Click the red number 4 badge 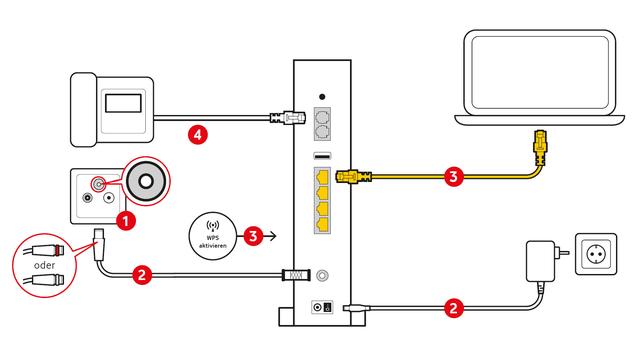point(198,134)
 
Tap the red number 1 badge point(126,221)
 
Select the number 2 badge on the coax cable point(142,274)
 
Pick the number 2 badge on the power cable point(454,308)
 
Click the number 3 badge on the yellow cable point(453,177)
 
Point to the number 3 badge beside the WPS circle point(253,236)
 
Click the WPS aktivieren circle point(213,236)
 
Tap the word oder point(44,265)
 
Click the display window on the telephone point(123,103)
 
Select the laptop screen point(540,73)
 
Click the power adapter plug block point(540,261)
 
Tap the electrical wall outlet point(596,254)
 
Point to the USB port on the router point(322,156)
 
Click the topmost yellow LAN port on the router point(322,177)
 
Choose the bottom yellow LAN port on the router point(322,224)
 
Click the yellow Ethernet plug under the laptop point(540,147)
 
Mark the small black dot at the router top point(322,97)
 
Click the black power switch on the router point(327,307)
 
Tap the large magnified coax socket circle point(146,181)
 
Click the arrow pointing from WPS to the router point(270,236)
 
